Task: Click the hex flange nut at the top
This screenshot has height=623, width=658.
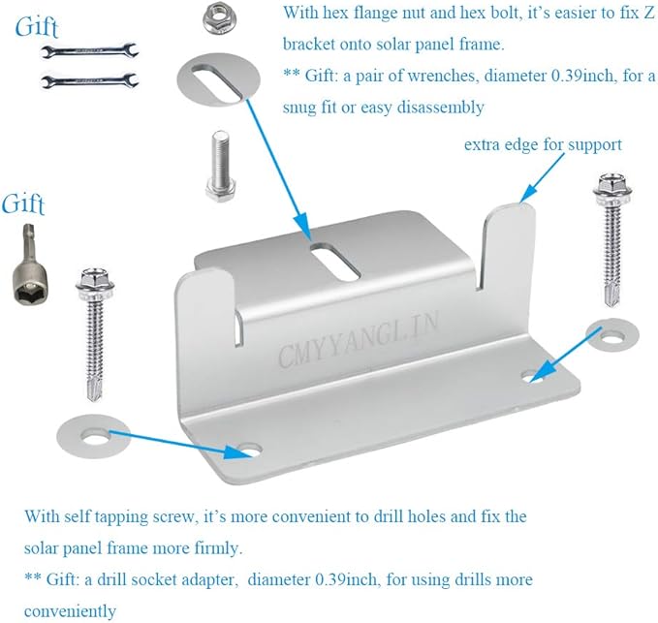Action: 219,19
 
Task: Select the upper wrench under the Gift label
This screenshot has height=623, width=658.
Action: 88,51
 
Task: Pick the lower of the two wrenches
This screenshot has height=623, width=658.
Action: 89,80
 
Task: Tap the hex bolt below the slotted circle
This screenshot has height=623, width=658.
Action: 221,166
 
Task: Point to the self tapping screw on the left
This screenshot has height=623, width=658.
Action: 95,335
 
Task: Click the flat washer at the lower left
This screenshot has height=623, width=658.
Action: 93,436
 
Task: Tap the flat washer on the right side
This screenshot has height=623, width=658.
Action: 612,335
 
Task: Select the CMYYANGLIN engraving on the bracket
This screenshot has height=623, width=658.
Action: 358,341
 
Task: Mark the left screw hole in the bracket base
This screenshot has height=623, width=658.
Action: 250,451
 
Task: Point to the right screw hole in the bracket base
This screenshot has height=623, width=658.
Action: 532,376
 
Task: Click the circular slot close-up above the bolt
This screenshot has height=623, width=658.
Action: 218,79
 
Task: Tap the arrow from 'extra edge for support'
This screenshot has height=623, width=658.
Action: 542,178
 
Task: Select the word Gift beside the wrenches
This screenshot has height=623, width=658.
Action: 37,27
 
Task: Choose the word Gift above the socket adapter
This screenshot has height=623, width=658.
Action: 23,203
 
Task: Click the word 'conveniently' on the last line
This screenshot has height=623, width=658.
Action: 70,610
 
